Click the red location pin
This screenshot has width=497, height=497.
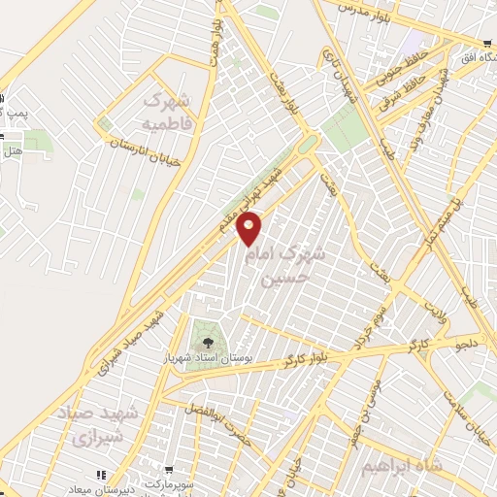tap(249, 227)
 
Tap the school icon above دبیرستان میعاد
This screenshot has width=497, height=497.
tap(100, 475)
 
